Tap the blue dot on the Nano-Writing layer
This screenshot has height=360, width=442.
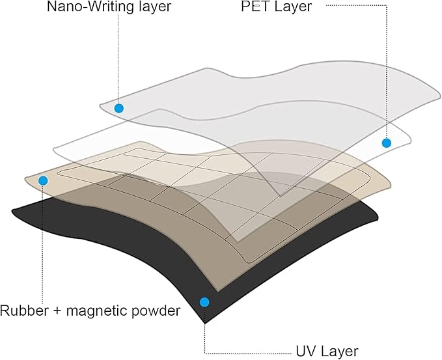[118, 108]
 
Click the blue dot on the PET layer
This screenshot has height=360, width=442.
[386, 143]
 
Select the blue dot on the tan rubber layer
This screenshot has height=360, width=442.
[43, 180]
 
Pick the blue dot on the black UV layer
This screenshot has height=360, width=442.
[204, 301]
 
